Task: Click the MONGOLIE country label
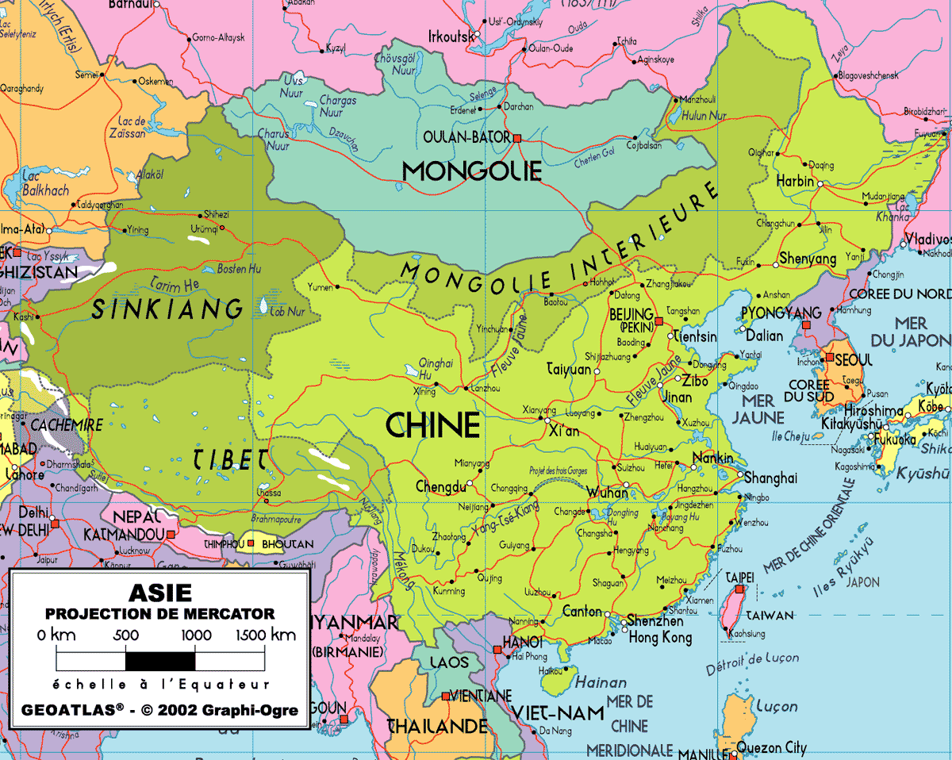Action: click(471, 171)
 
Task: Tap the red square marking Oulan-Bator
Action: click(517, 138)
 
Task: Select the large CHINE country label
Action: click(433, 425)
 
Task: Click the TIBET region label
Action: click(230, 459)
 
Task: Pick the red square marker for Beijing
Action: click(658, 321)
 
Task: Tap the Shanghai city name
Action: click(769, 478)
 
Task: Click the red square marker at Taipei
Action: click(739, 590)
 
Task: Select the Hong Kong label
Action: click(659, 637)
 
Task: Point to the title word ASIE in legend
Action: click(159, 593)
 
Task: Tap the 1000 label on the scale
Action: click(195, 635)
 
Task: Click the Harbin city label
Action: click(795, 182)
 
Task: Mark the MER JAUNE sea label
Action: click(758, 409)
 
